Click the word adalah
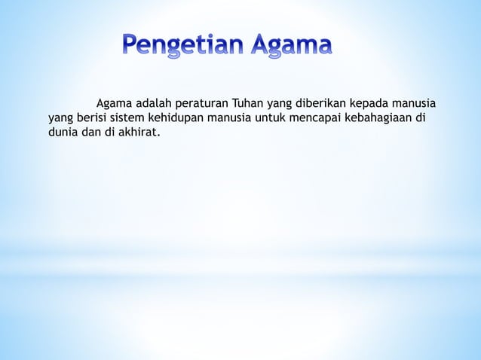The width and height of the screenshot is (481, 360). [x=154, y=103]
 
